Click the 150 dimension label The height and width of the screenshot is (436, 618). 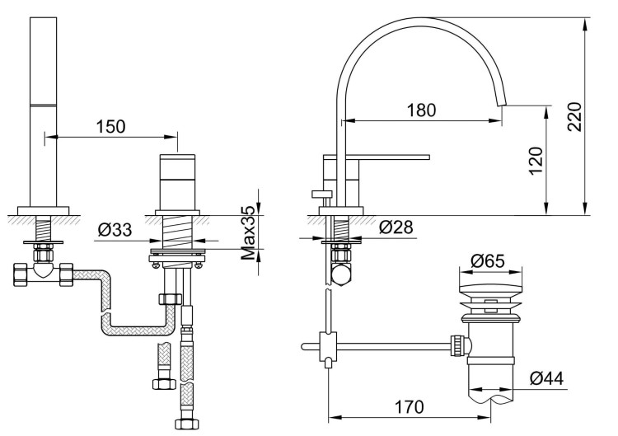click(x=110, y=126)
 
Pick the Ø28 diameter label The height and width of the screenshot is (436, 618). click(x=396, y=228)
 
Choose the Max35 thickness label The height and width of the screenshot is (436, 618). click(x=246, y=235)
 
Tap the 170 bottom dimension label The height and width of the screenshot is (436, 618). click(x=409, y=406)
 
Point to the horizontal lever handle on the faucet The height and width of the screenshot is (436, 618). click(x=387, y=156)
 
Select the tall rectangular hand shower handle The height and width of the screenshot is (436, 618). click(x=42, y=107)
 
